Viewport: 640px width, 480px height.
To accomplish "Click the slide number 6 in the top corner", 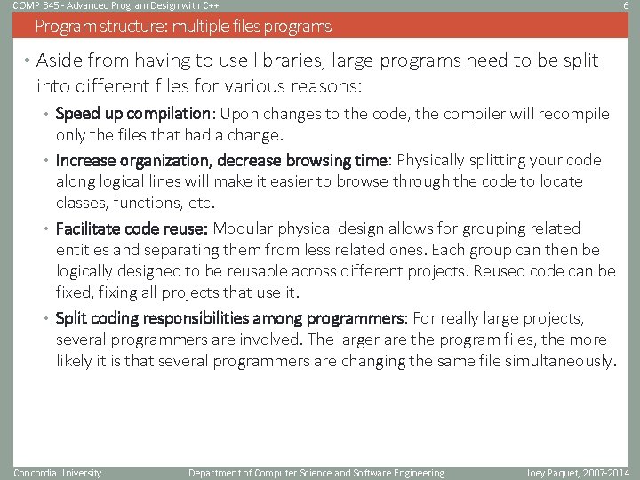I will tap(627, 5).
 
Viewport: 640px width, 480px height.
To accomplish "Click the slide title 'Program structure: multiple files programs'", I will tap(183, 27).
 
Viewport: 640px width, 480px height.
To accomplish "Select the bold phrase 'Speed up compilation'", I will tap(133, 114).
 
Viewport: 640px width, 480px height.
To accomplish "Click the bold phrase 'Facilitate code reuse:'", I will tap(132, 228).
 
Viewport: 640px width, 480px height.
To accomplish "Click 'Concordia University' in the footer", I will tap(58, 473).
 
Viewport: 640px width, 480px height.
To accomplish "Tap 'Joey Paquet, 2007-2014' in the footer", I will tap(576, 473).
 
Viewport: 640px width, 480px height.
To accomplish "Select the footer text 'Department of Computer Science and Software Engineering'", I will tap(316, 473).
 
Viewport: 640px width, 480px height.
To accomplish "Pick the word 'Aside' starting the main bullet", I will tap(59, 61).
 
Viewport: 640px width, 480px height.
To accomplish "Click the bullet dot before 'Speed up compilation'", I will tap(48, 115).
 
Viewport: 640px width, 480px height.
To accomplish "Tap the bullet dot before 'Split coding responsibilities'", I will tap(48, 319).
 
